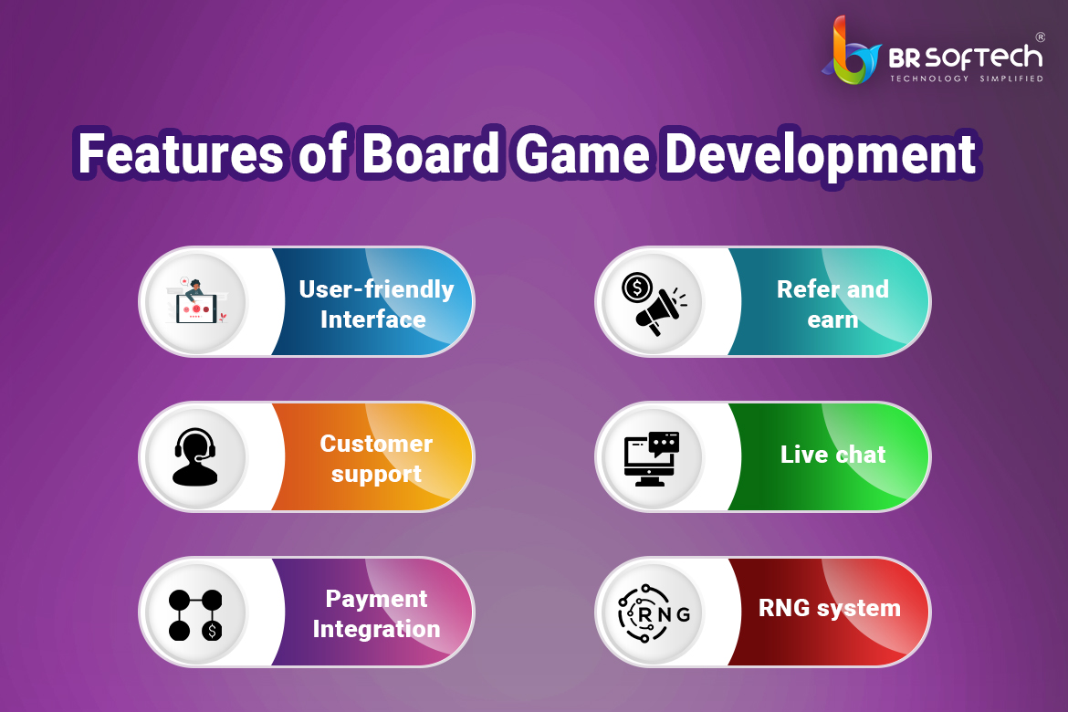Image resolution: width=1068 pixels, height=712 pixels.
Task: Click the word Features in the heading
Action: [181, 154]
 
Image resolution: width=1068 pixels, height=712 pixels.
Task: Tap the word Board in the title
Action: [431, 154]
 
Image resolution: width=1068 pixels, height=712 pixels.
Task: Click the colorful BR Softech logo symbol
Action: [852, 50]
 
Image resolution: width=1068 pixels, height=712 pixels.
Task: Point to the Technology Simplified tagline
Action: [967, 79]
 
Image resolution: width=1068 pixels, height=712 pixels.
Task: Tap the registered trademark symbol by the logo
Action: [1040, 37]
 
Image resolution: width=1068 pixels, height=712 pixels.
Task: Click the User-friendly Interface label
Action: [376, 304]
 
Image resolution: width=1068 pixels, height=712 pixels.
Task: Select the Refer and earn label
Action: [832, 304]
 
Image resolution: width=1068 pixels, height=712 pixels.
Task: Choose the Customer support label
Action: [376, 458]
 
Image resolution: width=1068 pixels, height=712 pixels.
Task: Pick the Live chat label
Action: [832, 455]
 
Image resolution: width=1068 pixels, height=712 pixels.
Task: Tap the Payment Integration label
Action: [376, 614]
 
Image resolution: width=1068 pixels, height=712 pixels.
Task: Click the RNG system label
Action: [830, 608]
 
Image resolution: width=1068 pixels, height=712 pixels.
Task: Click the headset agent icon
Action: [195, 457]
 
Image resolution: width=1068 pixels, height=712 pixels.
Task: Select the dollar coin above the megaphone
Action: [637, 288]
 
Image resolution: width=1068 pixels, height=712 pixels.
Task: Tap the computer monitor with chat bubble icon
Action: [652, 458]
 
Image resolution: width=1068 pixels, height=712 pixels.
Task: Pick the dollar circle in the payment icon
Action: [213, 631]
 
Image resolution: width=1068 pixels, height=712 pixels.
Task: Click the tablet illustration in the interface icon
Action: [197, 309]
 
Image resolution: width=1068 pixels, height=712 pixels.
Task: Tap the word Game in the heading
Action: [582, 154]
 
